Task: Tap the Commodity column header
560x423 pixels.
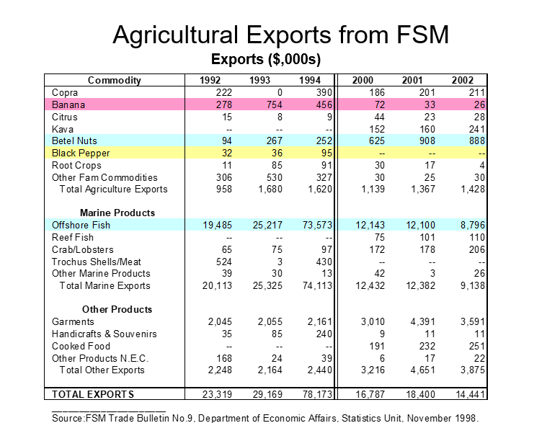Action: pyautogui.click(x=115, y=80)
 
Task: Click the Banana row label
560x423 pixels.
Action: pyautogui.click(x=68, y=105)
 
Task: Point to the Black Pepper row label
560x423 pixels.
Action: pyautogui.click(x=81, y=153)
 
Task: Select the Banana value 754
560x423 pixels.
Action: pyautogui.click(x=272, y=105)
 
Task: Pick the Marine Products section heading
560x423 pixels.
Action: pyautogui.click(x=117, y=213)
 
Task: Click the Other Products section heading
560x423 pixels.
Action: pyautogui.click(x=117, y=310)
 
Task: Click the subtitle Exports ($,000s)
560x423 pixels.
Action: pyautogui.click(x=265, y=58)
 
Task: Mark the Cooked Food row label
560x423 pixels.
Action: pyautogui.click(x=81, y=346)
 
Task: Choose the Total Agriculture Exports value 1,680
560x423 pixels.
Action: pyautogui.click(x=270, y=190)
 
